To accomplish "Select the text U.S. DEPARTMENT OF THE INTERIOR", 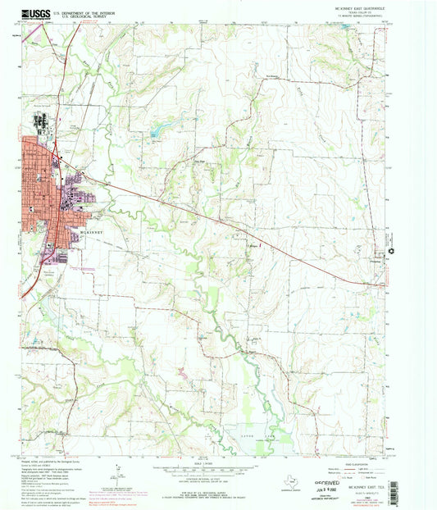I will pyautogui.click(x=84, y=11).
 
